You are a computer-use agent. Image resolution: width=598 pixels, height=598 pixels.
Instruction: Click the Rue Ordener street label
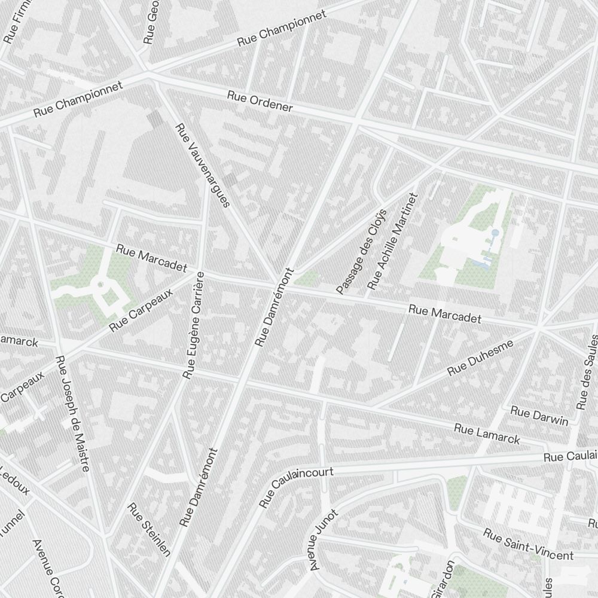click(260, 102)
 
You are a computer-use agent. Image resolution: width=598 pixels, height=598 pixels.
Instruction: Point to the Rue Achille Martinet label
click(391, 241)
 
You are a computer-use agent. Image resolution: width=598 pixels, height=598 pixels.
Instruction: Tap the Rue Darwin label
click(539, 416)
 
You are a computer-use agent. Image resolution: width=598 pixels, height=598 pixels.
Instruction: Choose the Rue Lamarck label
click(487, 434)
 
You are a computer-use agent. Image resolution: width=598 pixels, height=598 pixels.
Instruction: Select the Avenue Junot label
click(324, 539)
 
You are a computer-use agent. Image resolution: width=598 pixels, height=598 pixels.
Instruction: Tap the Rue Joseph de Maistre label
click(72, 413)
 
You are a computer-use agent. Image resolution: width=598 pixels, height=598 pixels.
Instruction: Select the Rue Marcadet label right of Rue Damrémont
click(445, 314)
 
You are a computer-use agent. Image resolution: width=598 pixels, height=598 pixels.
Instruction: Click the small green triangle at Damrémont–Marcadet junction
click(307, 278)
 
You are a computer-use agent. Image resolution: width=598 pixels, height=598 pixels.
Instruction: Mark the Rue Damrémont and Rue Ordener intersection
click(355, 121)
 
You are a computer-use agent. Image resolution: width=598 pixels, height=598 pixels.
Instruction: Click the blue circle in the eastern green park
click(495, 232)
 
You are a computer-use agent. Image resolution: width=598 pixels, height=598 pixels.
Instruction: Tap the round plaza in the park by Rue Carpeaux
click(100, 284)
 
